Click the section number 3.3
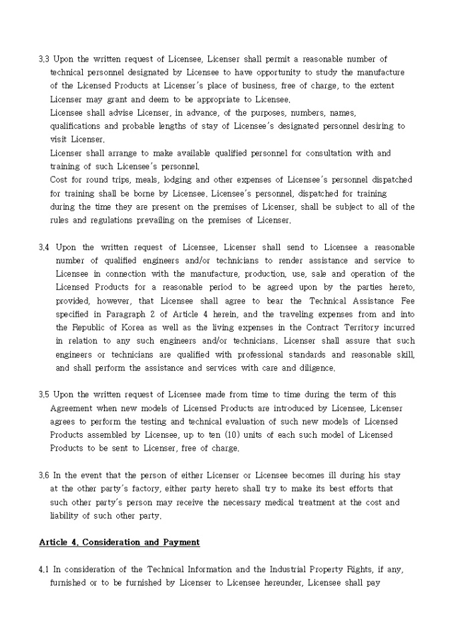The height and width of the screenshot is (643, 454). coord(44,59)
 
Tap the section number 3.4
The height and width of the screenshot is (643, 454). coord(44,247)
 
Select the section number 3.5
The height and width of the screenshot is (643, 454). coord(44,394)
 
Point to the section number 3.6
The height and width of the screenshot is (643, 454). coord(44,475)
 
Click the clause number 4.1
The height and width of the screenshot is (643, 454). coord(44,569)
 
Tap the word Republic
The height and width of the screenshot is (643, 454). coord(88,328)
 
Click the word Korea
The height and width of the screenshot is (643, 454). coord(136,328)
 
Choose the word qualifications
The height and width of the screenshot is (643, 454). coord(77,126)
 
